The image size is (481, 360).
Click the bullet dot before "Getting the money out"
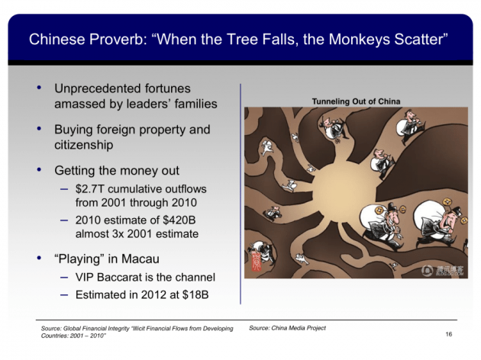[x=40, y=169]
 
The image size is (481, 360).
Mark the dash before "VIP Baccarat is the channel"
[x=65, y=277]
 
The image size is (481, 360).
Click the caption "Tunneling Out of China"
[x=356, y=101]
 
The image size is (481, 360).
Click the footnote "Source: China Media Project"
[x=287, y=327]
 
